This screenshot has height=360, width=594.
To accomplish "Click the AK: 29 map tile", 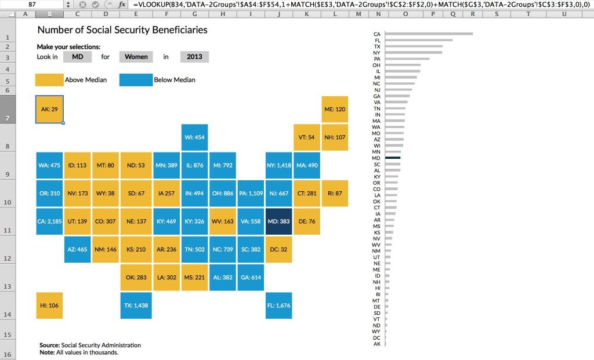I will (49, 109).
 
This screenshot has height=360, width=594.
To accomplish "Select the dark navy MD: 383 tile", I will (279, 221).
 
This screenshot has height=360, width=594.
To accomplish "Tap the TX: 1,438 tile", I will (133, 306).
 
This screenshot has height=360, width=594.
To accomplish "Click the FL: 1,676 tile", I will (279, 306).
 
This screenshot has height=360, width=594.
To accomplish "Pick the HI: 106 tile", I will (49, 306).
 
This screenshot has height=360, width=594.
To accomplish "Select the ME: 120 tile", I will (335, 109).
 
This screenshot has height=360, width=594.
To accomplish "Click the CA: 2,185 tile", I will (49, 221).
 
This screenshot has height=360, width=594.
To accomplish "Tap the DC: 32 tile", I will (279, 249).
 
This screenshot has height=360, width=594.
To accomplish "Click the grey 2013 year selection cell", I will (194, 57).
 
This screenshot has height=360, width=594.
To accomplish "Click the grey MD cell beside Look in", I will (78, 57).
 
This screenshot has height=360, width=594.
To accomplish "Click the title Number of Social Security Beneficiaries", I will (122, 30).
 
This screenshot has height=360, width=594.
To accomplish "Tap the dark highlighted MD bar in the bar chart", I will (392, 158).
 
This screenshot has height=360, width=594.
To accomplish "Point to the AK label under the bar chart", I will (377, 344).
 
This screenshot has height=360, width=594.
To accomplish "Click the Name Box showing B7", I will (32, 4).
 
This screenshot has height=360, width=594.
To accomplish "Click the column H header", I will (222, 14).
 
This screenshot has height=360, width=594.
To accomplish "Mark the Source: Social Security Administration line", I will (90, 345).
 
